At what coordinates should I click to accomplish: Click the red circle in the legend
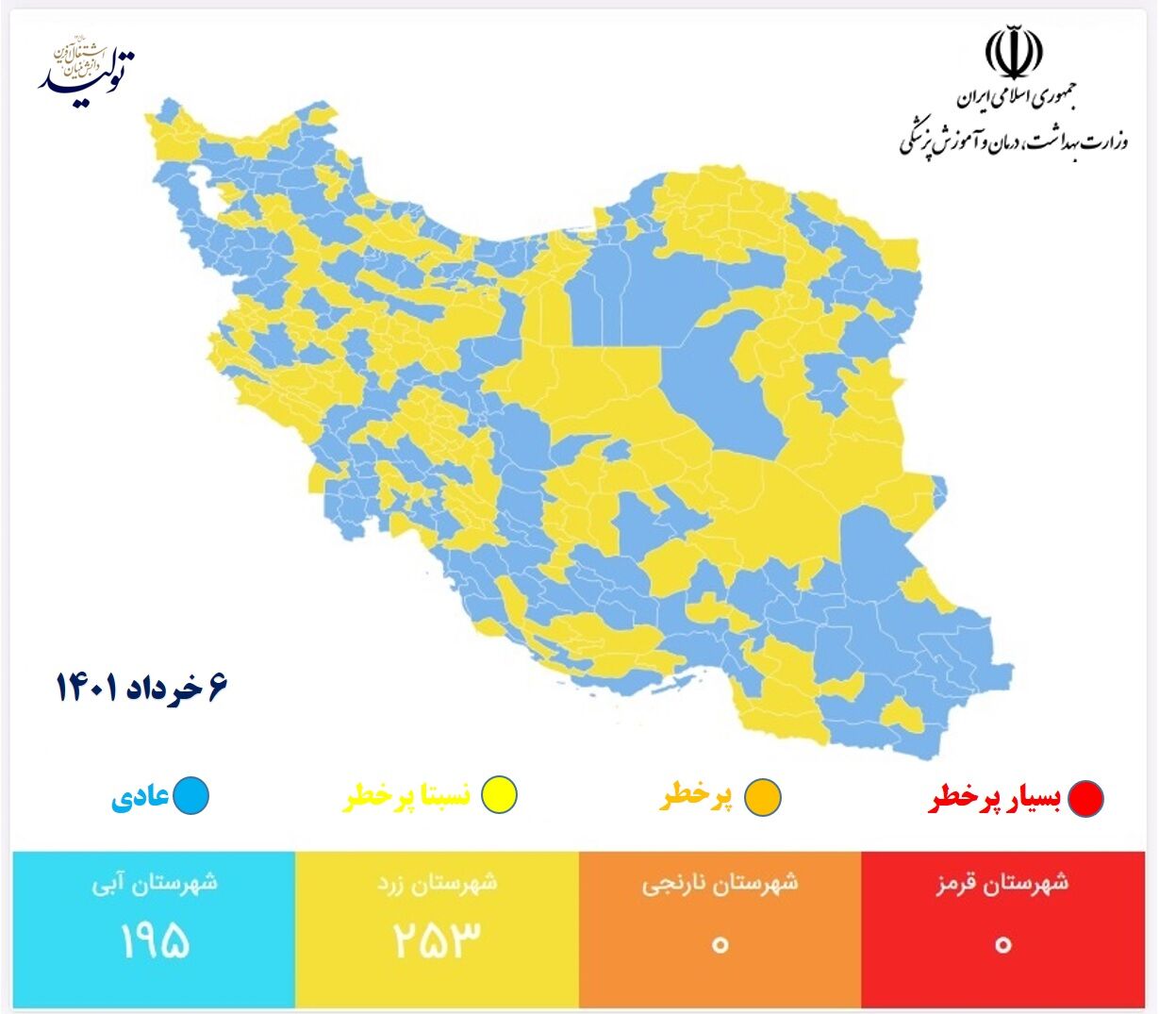(x=1085, y=798)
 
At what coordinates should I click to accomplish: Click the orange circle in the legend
(x=762, y=797)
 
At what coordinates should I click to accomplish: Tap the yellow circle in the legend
(x=498, y=795)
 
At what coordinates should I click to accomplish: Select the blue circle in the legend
(x=190, y=795)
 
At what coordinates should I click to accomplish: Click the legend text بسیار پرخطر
(x=995, y=799)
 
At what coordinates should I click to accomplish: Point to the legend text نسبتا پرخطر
(x=406, y=797)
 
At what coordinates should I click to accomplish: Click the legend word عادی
(x=141, y=797)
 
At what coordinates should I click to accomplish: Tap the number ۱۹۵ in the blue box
(x=155, y=939)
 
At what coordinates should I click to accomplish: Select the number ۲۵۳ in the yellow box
(x=437, y=939)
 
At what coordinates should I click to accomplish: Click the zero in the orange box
(x=720, y=943)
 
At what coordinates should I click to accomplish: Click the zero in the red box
(x=1002, y=943)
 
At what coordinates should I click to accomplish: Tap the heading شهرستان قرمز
(x=1002, y=885)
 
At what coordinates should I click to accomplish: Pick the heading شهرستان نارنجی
(x=720, y=885)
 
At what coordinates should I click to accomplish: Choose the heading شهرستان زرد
(x=437, y=885)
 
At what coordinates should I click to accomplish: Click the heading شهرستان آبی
(x=155, y=885)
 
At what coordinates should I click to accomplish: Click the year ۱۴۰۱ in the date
(x=87, y=688)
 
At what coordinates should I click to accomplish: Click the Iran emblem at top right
(x=1014, y=54)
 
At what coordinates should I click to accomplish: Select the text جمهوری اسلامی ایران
(x=1016, y=97)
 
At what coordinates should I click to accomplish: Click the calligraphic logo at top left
(x=88, y=66)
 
